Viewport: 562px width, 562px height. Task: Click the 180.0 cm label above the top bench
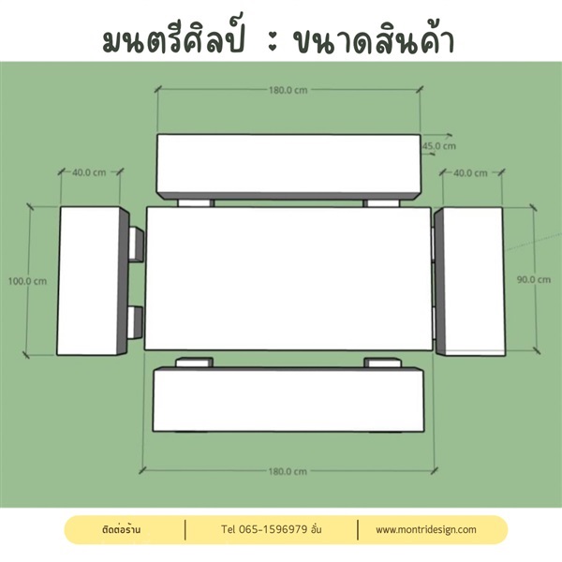point(288,90)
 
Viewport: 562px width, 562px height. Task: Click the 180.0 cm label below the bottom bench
point(288,471)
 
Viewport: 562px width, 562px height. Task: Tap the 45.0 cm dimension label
point(439,146)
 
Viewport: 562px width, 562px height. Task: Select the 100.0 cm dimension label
point(27,281)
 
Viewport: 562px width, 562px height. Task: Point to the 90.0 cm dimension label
point(534,279)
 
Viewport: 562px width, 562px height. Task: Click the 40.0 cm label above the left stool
point(89,172)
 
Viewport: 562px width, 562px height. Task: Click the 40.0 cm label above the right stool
point(470,173)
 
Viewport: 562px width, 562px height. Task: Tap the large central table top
point(288,278)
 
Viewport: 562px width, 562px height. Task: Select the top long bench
point(288,167)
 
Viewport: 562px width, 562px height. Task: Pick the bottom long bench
point(288,399)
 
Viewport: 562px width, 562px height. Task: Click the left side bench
point(93,281)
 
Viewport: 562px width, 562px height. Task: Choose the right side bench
point(469,282)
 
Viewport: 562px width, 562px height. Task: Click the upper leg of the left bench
point(136,244)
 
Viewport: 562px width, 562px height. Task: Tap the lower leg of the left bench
point(136,322)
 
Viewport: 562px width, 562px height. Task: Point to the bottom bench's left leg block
point(194,362)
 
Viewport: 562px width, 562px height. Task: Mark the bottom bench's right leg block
point(382,362)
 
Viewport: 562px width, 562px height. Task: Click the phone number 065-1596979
point(273,529)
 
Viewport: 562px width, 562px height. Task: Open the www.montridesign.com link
point(426,530)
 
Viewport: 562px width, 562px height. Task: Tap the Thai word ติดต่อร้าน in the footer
point(121,529)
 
